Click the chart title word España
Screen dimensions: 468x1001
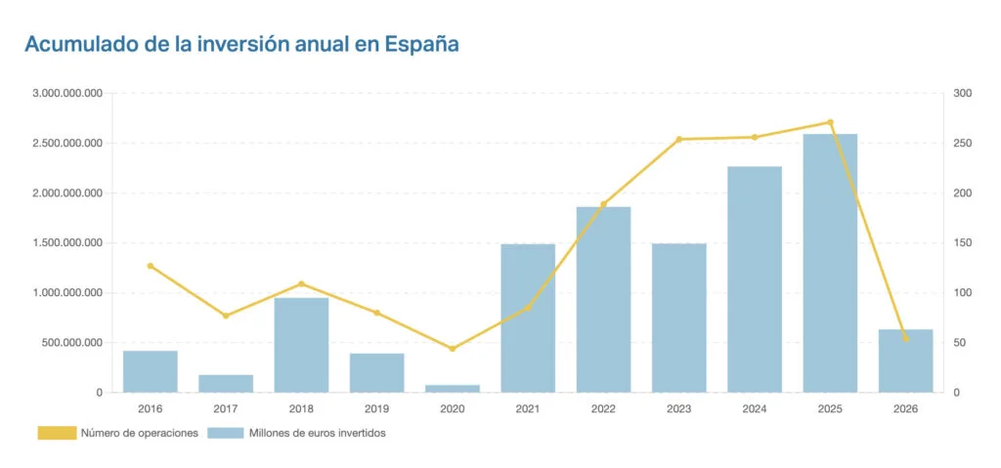point(421,44)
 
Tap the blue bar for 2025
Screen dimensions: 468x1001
point(830,264)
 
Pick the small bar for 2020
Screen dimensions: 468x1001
point(453,388)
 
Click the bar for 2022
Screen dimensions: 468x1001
point(603,300)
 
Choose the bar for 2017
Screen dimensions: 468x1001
point(226,383)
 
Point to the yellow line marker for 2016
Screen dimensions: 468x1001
point(151,266)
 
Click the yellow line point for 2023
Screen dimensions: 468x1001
point(678,139)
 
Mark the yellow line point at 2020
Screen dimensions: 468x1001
point(453,349)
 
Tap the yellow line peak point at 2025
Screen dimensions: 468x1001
point(830,122)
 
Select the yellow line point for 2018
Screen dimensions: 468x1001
point(301,284)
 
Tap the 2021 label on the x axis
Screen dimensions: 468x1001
point(528,408)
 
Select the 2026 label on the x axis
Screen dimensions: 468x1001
point(905,408)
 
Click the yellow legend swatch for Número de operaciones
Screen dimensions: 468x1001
point(57,433)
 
